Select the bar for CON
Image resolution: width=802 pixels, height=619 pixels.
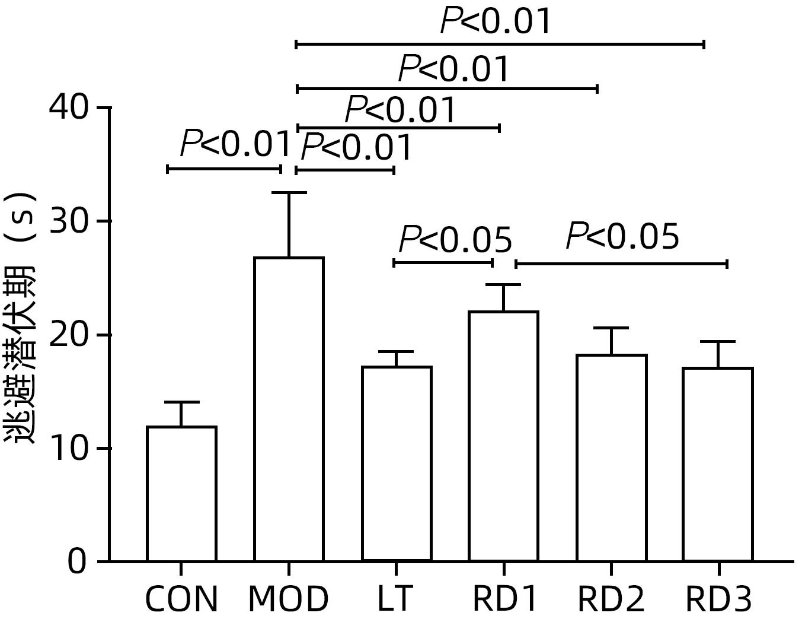(x=181, y=493)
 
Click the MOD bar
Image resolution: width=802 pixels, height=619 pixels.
(x=289, y=409)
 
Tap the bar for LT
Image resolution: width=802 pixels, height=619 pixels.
(x=397, y=463)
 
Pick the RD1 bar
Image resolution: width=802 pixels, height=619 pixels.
(x=503, y=436)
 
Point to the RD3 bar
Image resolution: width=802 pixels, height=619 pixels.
(x=718, y=464)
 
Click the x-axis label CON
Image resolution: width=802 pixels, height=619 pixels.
(x=181, y=599)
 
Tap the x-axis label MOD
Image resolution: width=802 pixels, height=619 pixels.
(x=288, y=599)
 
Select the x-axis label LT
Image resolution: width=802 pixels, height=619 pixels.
(x=395, y=599)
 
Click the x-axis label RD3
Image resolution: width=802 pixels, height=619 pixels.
(x=718, y=599)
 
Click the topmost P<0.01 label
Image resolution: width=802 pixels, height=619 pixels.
(x=496, y=22)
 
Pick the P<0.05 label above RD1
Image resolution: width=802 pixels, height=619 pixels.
(x=455, y=240)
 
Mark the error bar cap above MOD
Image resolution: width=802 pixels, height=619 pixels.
(x=289, y=193)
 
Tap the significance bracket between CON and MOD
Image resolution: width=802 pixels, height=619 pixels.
(x=224, y=169)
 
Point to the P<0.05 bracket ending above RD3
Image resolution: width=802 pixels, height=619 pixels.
(x=621, y=264)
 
